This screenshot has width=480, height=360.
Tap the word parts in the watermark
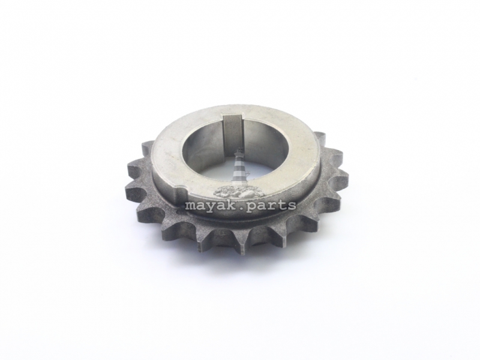click(x=271, y=205)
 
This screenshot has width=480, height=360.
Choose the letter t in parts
click(x=281, y=205)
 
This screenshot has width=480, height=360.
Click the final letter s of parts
click(x=291, y=206)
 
